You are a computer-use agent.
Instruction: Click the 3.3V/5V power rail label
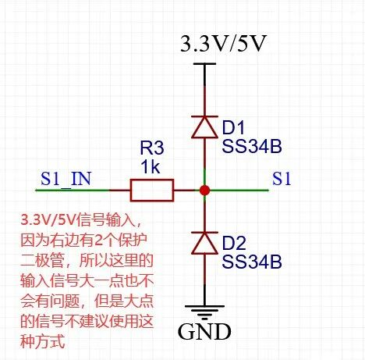click(x=224, y=44)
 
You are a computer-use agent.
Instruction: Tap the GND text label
click(x=204, y=331)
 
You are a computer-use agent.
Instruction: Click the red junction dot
click(x=204, y=191)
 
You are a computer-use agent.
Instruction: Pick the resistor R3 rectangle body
click(x=152, y=190)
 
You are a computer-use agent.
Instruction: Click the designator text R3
click(x=152, y=148)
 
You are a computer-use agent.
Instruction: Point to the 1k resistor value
click(x=150, y=166)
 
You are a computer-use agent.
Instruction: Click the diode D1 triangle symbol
click(x=204, y=127)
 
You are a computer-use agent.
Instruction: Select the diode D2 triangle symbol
click(x=204, y=243)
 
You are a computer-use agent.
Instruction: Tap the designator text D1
click(x=233, y=128)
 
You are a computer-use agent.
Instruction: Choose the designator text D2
click(x=234, y=244)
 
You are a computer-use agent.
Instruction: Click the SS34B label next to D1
click(x=252, y=146)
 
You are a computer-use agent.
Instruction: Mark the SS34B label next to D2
click(x=252, y=262)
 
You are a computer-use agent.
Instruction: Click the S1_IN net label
click(x=66, y=179)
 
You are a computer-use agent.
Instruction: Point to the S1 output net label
click(x=282, y=179)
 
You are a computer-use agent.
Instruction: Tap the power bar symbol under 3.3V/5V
click(x=204, y=64)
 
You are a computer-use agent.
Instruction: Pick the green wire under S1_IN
click(x=73, y=191)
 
